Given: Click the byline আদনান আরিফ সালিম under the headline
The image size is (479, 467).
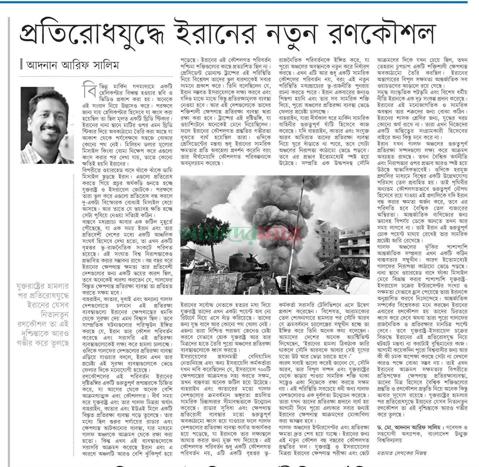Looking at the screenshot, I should point(72,66).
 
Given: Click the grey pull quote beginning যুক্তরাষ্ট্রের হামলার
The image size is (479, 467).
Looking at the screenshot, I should point(43,315).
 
